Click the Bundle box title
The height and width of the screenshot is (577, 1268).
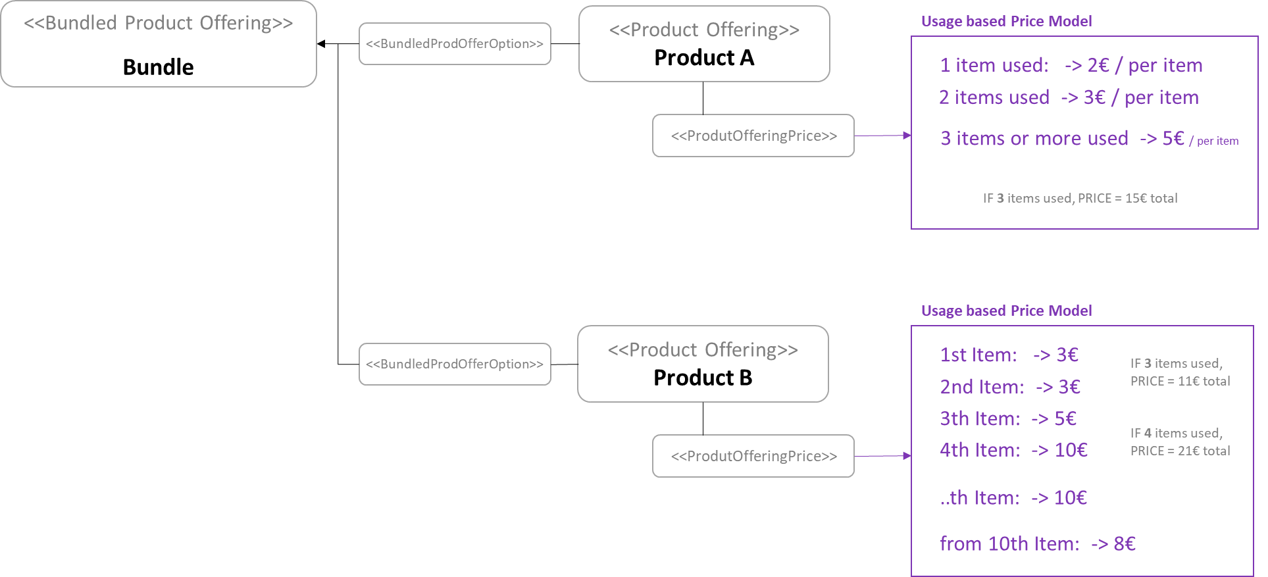coord(158,67)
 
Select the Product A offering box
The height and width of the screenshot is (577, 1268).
coord(704,44)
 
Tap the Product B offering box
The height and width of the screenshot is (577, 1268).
coord(703,364)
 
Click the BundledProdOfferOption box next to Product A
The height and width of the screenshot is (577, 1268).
coord(455,44)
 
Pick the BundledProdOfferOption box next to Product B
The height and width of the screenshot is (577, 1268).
coord(455,364)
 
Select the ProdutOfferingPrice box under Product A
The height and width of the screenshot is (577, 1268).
coord(753,136)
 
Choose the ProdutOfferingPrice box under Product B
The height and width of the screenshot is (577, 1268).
coord(753,456)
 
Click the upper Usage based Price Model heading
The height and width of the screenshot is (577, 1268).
coord(1006,21)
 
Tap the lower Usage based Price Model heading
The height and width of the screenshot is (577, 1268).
coord(1006,311)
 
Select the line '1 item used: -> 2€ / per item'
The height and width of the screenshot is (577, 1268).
coord(1071,65)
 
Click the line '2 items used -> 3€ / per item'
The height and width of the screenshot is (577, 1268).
coord(1068,97)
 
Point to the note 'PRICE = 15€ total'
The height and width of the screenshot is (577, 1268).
coord(1080,198)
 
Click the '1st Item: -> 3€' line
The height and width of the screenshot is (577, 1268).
coord(1009,355)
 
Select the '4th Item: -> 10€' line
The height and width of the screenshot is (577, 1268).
coord(1013,450)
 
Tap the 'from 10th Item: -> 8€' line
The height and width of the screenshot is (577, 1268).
coord(1038,544)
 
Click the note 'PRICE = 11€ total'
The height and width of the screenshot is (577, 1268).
coord(1180,381)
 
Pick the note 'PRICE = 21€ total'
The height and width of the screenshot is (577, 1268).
coord(1180,451)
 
